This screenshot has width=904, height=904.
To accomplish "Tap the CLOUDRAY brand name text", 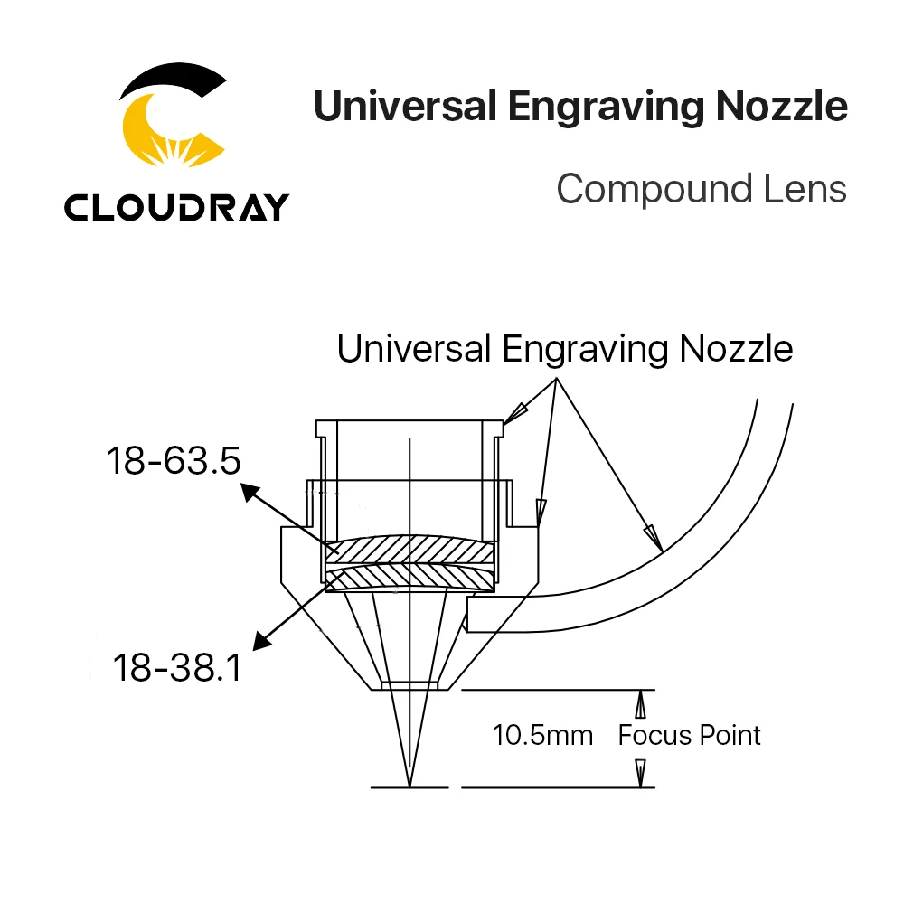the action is [x=176, y=207].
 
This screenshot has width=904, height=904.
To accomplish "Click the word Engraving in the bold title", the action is [x=606, y=108].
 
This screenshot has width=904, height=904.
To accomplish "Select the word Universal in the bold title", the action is [x=405, y=106].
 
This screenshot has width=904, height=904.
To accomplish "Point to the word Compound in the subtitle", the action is [x=654, y=190].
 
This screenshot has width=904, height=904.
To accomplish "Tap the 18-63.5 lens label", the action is [x=174, y=461].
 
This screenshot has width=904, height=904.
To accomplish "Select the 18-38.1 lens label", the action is [x=177, y=668].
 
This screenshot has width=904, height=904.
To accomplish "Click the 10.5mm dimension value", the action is [x=542, y=735].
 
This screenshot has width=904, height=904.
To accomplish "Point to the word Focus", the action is [x=654, y=735].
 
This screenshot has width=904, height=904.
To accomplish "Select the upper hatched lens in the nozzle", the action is [x=410, y=550].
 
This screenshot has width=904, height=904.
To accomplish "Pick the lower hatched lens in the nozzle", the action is [x=410, y=579].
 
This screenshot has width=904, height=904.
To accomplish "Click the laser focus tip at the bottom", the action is [x=410, y=786].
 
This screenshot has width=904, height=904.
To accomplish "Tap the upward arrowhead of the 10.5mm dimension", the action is [x=640, y=704].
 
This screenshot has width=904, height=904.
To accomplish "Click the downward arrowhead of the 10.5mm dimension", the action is [x=640, y=773].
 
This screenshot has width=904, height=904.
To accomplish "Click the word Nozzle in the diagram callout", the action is [x=736, y=349].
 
